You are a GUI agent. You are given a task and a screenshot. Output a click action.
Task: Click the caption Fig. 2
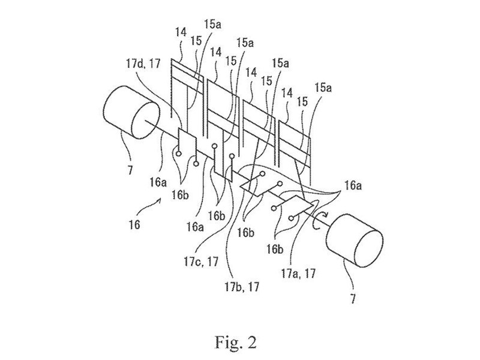pos(235,342)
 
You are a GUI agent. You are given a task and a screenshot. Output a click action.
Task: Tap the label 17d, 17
pos(143,64)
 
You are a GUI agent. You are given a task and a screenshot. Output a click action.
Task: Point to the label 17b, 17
pos(242,287)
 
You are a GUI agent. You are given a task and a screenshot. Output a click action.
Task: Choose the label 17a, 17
pos(298,274)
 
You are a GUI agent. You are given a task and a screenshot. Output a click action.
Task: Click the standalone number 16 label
pos(134,224)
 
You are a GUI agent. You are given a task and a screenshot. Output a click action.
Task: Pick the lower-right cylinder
pos(355,240)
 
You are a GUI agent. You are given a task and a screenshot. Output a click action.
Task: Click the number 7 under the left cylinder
pos(130,169)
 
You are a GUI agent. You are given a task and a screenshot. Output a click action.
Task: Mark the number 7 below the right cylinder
pos(353,298)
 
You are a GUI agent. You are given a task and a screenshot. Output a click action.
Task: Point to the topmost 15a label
pos(212,25)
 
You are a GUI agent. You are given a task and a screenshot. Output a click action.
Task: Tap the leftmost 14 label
pos(181,33)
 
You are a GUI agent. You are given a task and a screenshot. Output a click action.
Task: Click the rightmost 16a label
pos(353,185)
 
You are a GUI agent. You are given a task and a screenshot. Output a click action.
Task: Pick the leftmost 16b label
pos(180,195)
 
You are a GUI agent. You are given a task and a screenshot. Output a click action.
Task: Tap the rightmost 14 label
pos(287,94)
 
